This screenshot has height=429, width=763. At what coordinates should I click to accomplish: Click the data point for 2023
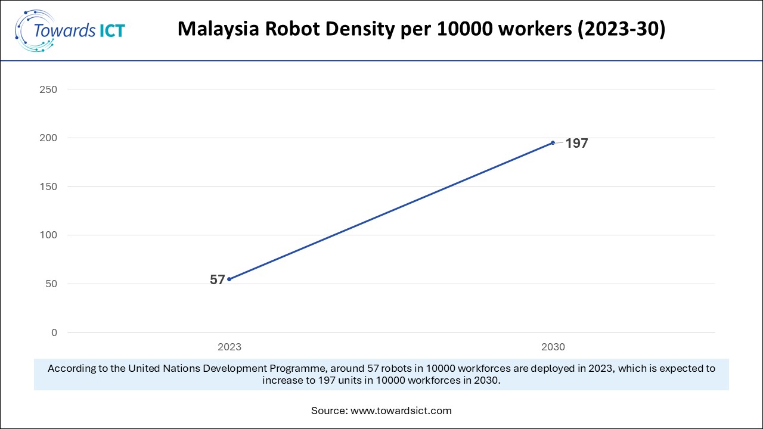(x=229, y=279)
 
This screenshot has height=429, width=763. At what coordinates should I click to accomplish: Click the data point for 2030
(x=553, y=142)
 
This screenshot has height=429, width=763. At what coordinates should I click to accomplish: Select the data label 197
(x=576, y=144)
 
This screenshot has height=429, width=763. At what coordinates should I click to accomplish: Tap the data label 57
(x=218, y=279)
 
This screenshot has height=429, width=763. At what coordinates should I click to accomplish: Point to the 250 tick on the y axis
(x=49, y=89)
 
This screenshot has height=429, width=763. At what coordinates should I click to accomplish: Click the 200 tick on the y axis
(x=49, y=138)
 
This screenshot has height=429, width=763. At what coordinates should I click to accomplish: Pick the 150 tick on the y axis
(x=49, y=186)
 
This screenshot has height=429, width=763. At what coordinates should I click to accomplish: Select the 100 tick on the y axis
(x=49, y=235)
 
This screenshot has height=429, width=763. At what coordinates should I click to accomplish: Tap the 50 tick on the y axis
(x=51, y=284)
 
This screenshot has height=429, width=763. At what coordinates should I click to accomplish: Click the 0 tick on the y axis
(x=54, y=332)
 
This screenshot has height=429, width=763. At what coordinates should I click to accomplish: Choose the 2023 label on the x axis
(x=229, y=347)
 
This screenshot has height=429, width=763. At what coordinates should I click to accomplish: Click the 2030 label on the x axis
(x=553, y=347)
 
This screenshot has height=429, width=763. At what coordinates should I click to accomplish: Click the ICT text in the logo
(x=111, y=30)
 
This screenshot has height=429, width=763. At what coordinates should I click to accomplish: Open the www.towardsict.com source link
(x=401, y=411)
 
